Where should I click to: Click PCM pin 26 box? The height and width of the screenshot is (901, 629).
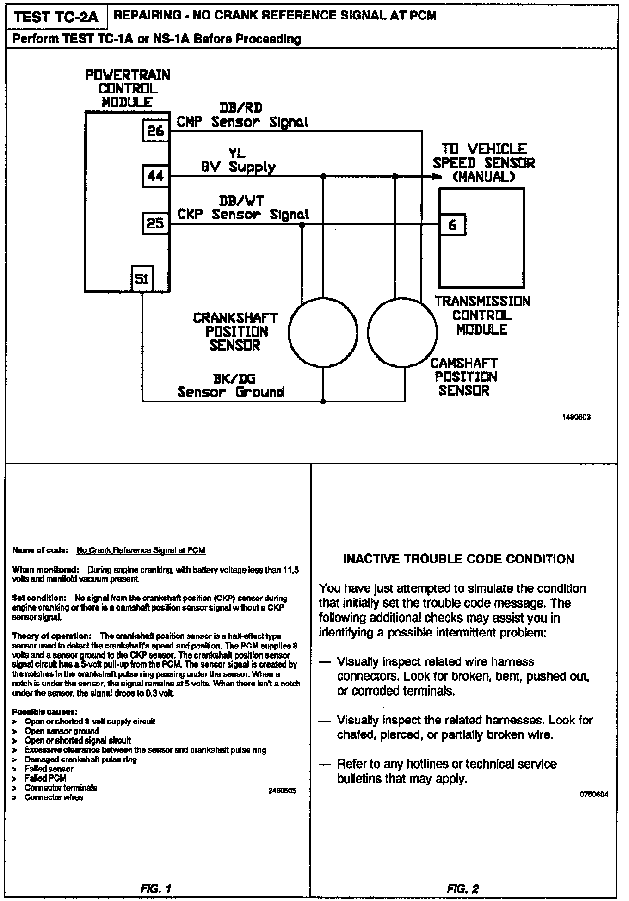[x=155, y=131]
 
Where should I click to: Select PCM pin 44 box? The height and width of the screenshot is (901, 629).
[x=155, y=176]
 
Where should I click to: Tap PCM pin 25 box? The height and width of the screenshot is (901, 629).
[x=155, y=224]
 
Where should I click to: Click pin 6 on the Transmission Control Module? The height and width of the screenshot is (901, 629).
[x=452, y=225]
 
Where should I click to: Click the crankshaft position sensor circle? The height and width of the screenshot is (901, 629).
[x=323, y=333]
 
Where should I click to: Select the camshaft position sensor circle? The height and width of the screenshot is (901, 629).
[x=403, y=333]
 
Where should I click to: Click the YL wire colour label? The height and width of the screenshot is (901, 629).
[x=237, y=153]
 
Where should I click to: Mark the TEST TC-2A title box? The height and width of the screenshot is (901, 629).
[x=56, y=17]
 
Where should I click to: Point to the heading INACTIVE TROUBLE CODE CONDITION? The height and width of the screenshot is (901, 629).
[x=458, y=559]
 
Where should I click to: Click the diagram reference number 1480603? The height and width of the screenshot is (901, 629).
[x=577, y=418]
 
